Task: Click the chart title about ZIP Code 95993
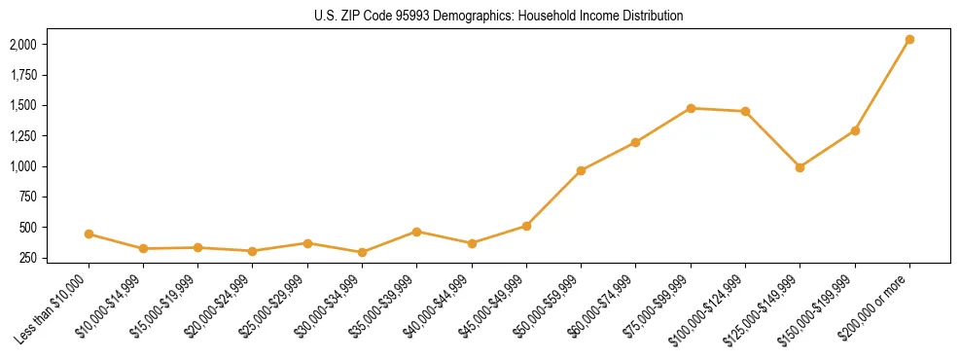[x=499, y=17]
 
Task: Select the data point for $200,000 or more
[x=909, y=40]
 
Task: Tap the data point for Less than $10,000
[x=89, y=234]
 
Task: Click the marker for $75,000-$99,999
[x=691, y=108]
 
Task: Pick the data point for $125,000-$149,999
[x=800, y=167]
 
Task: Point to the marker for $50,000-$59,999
[x=581, y=170]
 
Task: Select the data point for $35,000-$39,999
[x=416, y=232]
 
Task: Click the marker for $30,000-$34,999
[x=362, y=252]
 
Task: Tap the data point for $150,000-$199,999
[x=855, y=130]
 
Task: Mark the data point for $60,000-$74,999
[x=635, y=142]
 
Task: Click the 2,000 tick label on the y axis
[x=23, y=45]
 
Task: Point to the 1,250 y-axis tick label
[x=23, y=136]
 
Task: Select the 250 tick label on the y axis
[x=28, y=258]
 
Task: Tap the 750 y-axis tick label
[x=28, y=198]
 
